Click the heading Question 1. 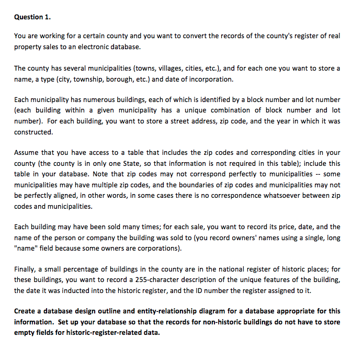click(x=32, y=17)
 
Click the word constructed click(x=33, y=131)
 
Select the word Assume click(x=27, y=152)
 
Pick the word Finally click(x=26, y=269)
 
